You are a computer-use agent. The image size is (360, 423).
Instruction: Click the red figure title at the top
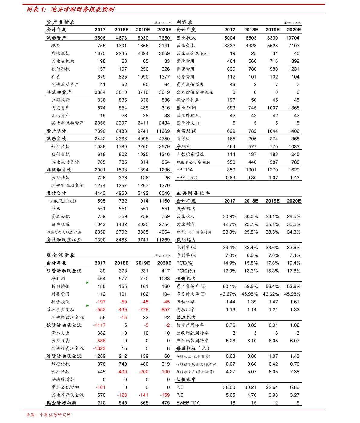70,10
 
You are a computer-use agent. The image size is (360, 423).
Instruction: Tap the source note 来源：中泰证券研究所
48,415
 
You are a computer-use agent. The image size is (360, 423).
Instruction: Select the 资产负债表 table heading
60,22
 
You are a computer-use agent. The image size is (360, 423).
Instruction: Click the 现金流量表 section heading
60,255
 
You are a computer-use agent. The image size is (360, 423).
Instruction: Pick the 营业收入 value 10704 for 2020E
293,38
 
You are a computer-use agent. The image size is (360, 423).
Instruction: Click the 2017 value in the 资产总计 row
100,131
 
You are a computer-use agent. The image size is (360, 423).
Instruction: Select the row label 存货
56,77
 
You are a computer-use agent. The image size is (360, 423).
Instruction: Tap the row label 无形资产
60,115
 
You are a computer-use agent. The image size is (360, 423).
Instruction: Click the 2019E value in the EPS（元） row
273,178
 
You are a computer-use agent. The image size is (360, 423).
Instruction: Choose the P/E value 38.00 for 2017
229,387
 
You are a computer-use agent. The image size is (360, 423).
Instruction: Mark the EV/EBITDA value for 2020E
298,403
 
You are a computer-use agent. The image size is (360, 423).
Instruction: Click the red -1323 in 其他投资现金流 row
99,348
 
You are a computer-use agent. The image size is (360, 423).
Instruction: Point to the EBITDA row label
184,170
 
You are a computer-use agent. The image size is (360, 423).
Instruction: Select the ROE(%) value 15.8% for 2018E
251,263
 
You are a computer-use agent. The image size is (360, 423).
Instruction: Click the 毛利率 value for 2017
229,248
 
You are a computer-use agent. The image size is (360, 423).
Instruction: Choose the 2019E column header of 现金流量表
143,263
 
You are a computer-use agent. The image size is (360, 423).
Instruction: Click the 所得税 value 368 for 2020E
295,139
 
